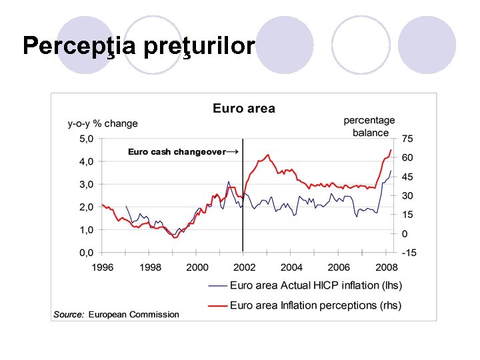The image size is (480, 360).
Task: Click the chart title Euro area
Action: [243, 108]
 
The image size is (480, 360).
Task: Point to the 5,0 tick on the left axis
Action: [87, 139]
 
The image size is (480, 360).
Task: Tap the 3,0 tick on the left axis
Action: [87, 184]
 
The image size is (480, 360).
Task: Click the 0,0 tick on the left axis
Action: [87, 253]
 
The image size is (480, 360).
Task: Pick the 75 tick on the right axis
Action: [407, 139]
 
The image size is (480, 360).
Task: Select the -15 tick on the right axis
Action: [409, 253]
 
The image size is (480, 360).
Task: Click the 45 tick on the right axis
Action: [407, 177]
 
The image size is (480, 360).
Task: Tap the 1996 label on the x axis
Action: [103, 267]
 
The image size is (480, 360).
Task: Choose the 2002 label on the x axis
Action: [244, 267]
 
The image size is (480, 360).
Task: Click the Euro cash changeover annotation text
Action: [177, 152]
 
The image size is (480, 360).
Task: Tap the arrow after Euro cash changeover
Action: [233, 152]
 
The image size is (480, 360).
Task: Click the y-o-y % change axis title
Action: [103, 123]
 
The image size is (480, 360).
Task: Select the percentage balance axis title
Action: [369, 126]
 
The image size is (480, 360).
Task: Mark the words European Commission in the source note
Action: [133, 314]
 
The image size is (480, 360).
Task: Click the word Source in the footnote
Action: [69, 314]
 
